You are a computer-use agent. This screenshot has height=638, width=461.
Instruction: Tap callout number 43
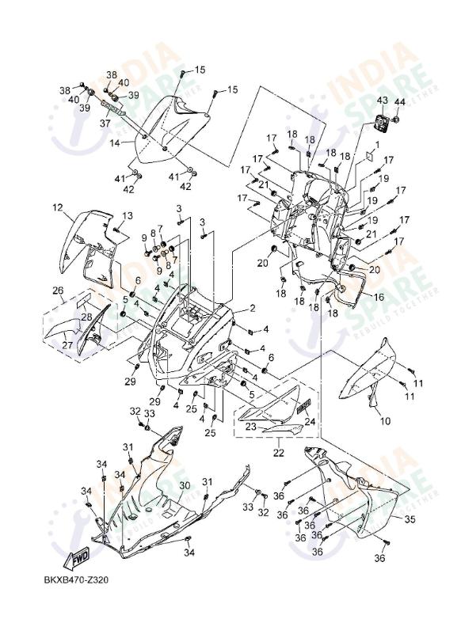(382, 101)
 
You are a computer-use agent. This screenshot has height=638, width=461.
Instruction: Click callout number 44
(399, 102)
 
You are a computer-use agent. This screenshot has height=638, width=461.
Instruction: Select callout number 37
(104, 123)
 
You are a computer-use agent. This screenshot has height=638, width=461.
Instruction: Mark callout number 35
(410, 520)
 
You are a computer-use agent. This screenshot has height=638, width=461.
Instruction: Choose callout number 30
(184, 485)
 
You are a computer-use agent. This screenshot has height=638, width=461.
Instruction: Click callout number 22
(278, 453)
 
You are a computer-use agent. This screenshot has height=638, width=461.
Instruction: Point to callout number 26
(58, 290)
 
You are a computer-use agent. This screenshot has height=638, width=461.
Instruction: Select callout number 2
(252, 308)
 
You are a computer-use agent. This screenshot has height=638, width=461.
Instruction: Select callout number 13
(127, 216)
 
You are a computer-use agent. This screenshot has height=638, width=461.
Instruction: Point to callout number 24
(310, 422)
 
